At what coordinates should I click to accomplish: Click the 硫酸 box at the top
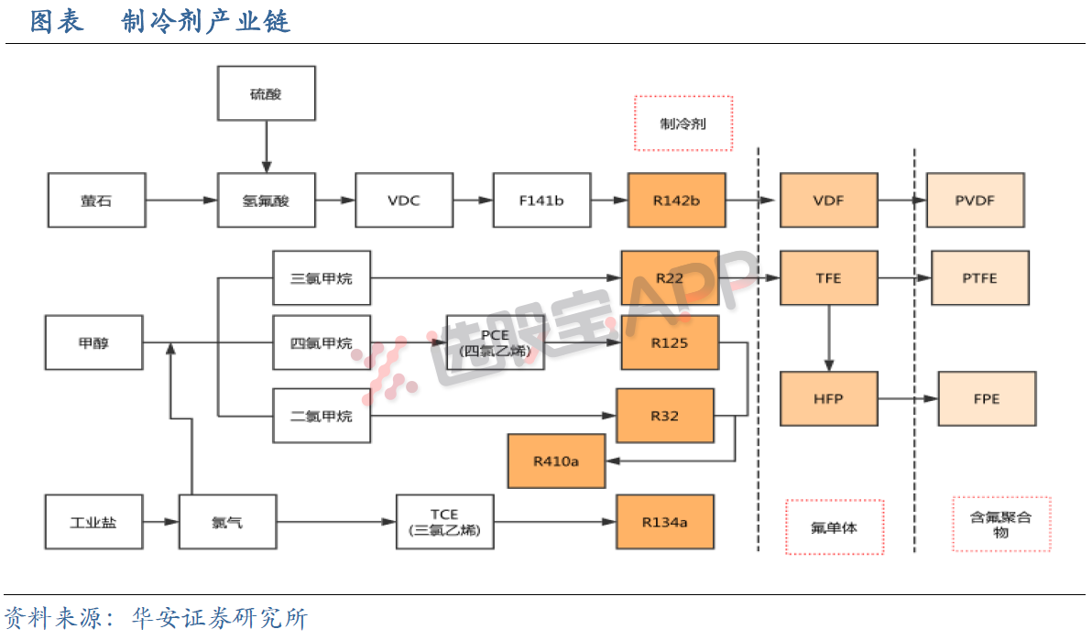[266, 93]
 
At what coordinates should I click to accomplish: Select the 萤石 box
[96, 201]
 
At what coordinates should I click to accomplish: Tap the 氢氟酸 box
[266, 201]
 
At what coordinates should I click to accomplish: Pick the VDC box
[403, 201]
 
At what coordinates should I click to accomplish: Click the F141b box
[541, 201]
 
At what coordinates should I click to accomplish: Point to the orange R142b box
[676, 201]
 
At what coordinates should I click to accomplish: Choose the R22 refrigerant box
[670, 278]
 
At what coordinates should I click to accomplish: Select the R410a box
[556, 461]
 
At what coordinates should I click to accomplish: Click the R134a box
[664, 522]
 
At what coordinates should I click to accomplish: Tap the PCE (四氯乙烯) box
[495, 343]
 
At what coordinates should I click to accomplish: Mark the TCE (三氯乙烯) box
[444, 522]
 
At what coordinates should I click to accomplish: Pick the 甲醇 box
[94, 343]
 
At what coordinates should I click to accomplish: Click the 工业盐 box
[94, 522]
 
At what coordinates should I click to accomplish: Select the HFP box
[828, 399]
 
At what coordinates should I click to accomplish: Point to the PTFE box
[980, 278]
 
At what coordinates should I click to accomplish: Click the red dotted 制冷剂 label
[683, 124]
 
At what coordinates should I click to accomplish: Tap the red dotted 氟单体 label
[834, 526]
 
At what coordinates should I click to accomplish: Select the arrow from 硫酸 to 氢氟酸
[266, 146]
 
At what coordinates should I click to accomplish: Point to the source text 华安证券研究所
[220, 619]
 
